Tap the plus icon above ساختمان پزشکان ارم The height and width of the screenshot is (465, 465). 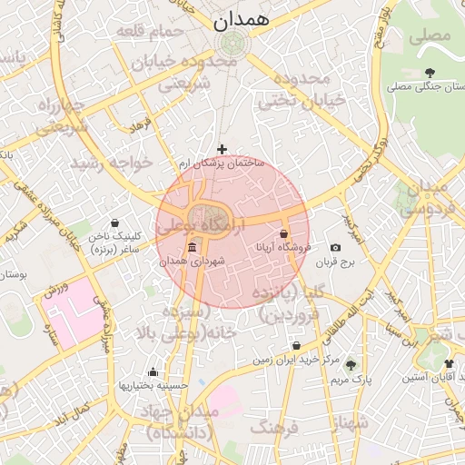tap(222, 148)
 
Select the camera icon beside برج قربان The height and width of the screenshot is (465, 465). tap(336, 248)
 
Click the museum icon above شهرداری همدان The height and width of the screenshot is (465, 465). tap(192, 248)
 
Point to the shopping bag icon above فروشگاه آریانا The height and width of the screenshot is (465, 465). tap(284, 233)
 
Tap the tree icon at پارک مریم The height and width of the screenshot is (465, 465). tap(351, 364)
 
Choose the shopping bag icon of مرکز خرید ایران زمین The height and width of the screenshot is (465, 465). tap(298, 345)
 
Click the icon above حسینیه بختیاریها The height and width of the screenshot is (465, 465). tap(153, 371)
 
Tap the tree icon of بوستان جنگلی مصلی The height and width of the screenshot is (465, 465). tap(429, 73)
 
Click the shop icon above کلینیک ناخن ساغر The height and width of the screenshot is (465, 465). tap(114, 223)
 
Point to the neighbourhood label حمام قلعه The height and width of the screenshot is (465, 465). tap(150, 31)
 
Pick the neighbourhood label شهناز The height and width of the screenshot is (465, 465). tap(350, 422)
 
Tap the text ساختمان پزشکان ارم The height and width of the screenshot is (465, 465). tap(221, 163)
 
